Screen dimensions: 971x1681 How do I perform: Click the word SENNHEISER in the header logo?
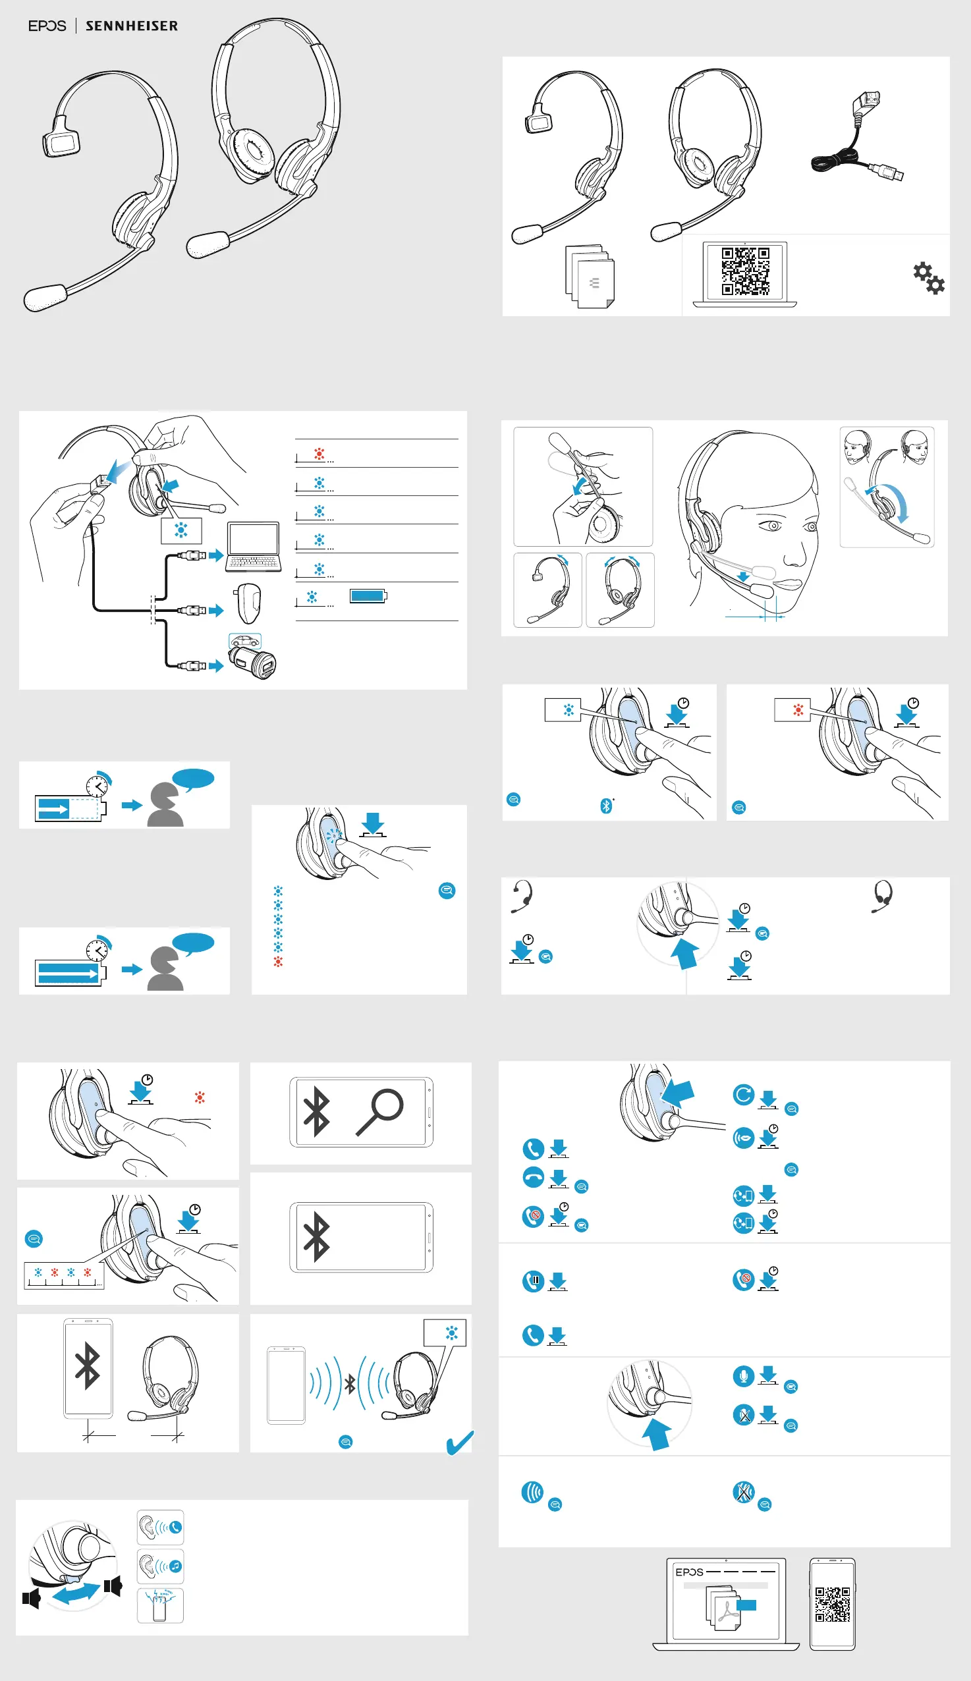pos(131,26)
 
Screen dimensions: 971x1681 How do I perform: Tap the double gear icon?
pos(928,277)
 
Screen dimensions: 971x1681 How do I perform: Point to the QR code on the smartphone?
pos(832,1604)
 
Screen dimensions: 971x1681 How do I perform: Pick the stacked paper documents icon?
pos(590,277)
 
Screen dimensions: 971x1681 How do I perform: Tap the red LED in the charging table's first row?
pos(319,454)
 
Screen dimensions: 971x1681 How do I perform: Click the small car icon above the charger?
pos(245,641)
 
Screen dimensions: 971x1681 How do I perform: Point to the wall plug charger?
pos(248,603)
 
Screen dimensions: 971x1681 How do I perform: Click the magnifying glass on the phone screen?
pos(381,1110)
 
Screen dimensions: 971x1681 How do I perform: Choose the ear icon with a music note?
pos(160,1565)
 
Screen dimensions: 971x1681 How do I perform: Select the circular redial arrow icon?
pos(743,1094)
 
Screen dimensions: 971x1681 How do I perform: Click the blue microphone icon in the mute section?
pos(743,1375)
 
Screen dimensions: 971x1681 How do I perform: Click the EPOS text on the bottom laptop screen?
pos(689,1572)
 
